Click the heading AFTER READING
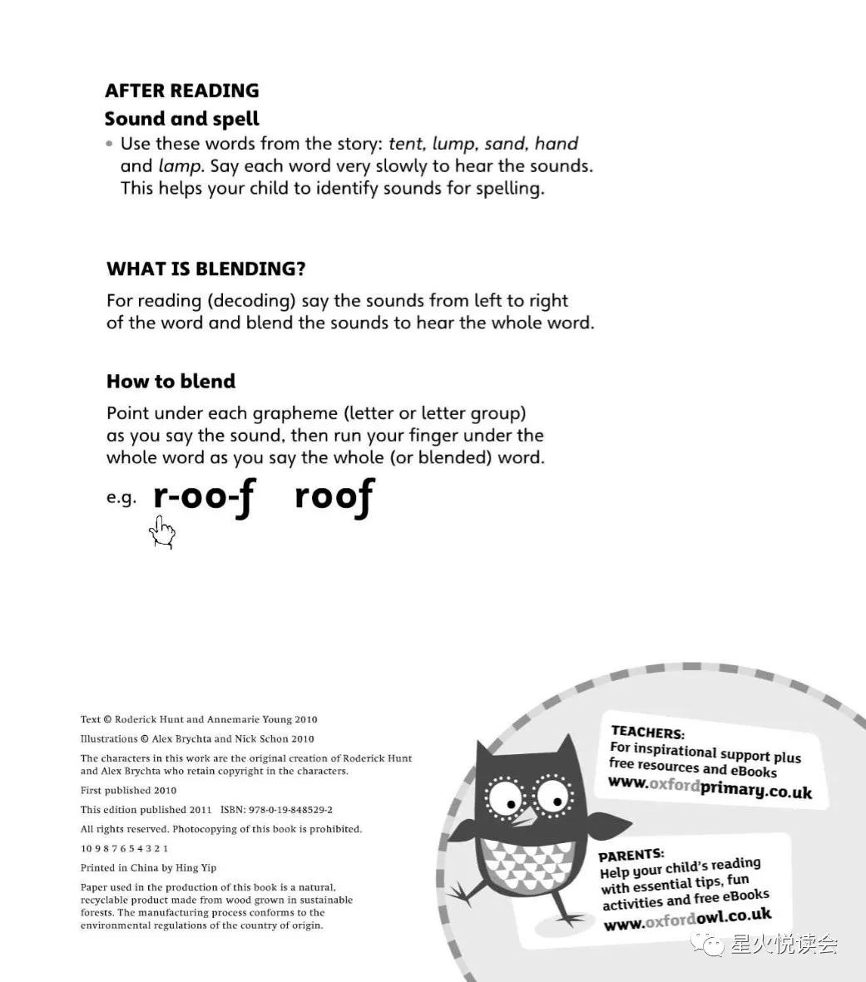pos(181,91)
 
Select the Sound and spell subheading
pos(181,119)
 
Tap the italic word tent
pos(406,144)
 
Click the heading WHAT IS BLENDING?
pos(205,269)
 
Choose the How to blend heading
pos(171,382)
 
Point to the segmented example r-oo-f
pos(203,497)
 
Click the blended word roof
pos(334,497)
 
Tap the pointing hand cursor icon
pos(162,532)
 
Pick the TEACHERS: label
pos(647,733)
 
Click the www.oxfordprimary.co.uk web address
pos(709,786)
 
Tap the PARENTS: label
pos(631,854)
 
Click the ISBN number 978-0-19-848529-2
pos(291,810)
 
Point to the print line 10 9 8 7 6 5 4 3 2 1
pos(125,849)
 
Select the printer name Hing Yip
pos(196,868)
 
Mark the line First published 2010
pos(128,791)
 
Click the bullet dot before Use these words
pos(109,144)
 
